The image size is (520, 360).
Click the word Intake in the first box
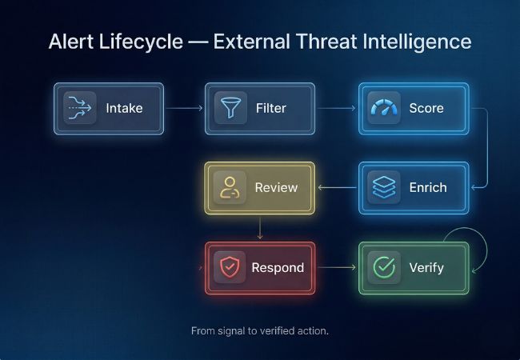click(x=123, y=107)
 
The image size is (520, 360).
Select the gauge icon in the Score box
click(x=383, y=107)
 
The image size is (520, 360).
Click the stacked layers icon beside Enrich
click(x=383, y=188)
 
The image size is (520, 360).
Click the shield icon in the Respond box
click(x=229, y=267)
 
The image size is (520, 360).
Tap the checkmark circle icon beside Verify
click(x=385, y=267)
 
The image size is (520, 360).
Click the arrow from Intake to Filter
click(x=184, y=107)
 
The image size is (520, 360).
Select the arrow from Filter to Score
click(x=337, y=107)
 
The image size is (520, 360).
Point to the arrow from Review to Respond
click(x=260, y=228)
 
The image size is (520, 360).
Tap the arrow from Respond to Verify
click(x=336, y=267)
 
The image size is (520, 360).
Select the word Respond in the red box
click(x=278, y=267)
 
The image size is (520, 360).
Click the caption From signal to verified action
click(x=259, y=330)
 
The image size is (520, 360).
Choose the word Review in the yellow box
click(x=276, y=188)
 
